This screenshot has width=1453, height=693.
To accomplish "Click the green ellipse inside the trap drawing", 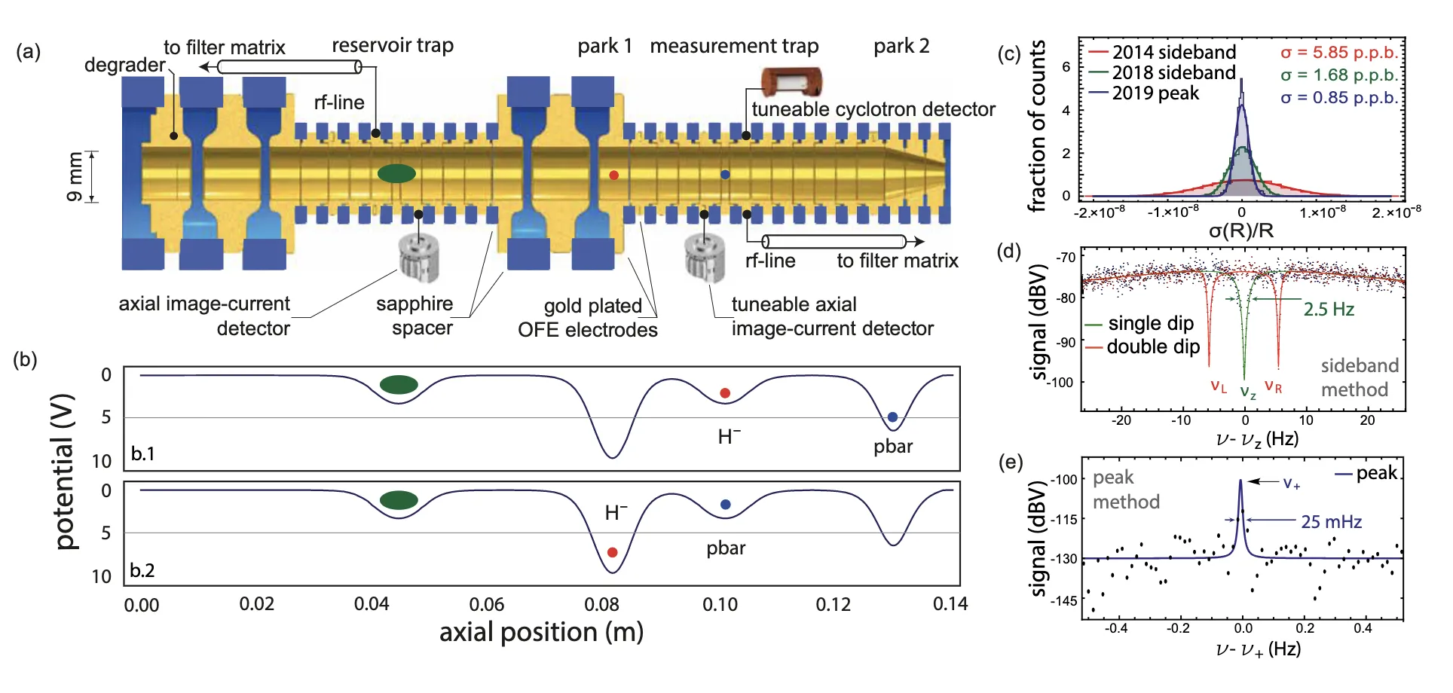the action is [396, 173].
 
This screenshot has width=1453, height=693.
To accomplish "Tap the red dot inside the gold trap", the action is [613, 175].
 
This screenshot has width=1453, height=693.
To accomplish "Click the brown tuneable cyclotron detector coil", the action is [791, 81].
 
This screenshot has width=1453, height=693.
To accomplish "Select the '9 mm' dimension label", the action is [75, 177].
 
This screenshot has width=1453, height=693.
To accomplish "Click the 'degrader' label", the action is [124, 65].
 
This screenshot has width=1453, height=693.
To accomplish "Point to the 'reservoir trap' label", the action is [393, 45].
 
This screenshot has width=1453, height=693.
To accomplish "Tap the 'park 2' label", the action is [901, 46].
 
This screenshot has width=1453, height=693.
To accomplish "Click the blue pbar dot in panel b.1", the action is [892, 417].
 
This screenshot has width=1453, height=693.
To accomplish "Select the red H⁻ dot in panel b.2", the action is [612, 552].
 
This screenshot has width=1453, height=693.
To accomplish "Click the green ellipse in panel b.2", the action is [399, 500].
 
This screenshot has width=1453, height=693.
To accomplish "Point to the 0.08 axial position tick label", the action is [601, 604].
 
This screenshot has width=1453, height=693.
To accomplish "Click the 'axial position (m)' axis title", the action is [541, 632].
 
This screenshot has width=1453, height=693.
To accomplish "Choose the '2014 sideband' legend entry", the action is [1163, 52].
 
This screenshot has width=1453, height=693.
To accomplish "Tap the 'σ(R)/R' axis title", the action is [1241, 230].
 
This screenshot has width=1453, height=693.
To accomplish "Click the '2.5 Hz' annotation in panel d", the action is [1329, 309].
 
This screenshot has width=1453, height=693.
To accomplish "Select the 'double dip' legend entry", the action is [1143, 346].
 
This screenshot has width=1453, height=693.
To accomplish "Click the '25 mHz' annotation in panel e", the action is [1332, 521].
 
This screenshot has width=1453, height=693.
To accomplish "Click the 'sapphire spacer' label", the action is [415, 316].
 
